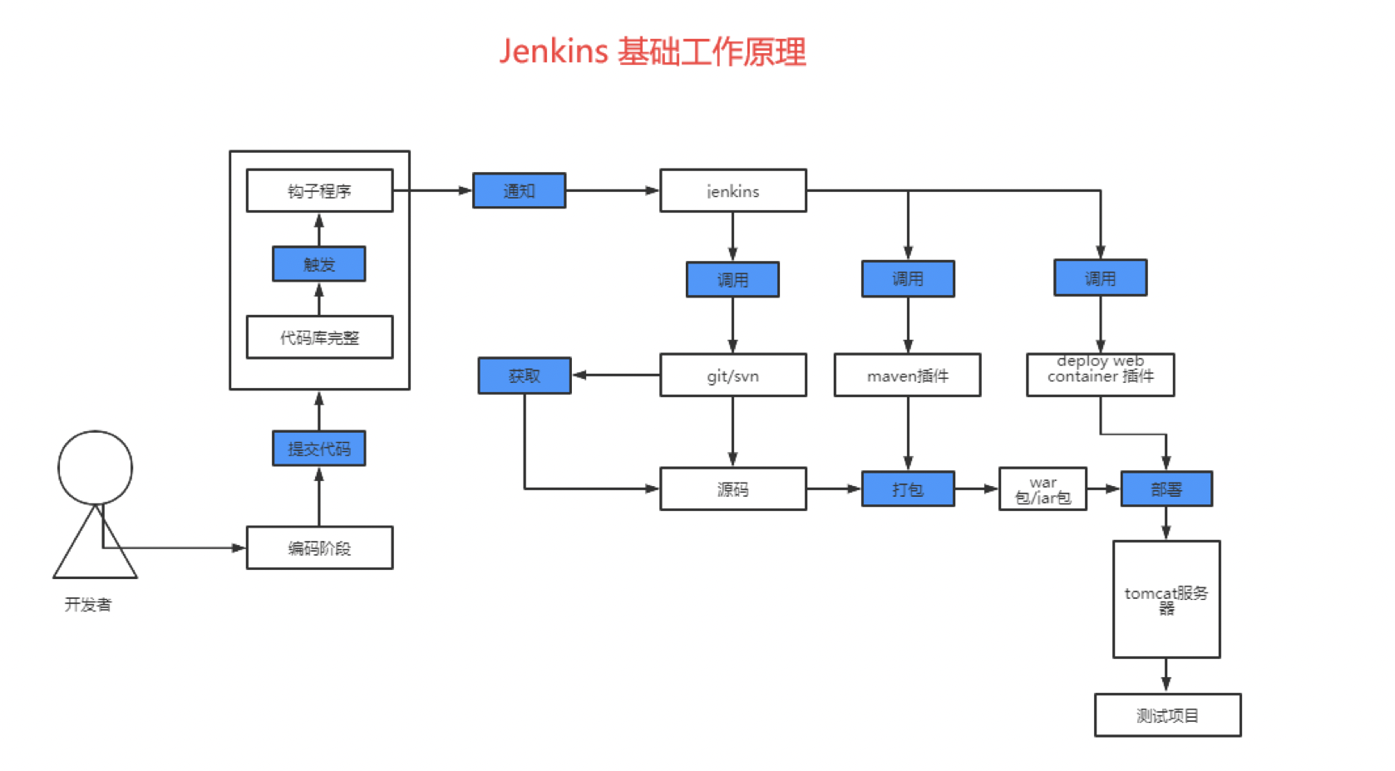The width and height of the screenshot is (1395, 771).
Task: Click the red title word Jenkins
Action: tap(554, 52)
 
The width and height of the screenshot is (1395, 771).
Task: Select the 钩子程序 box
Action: tap(319, 191)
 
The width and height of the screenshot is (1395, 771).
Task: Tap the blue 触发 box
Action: tap(319, 264)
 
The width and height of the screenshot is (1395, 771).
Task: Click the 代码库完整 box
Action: tap(319, 337)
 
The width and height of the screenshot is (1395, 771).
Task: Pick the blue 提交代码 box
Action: tap(319, 449)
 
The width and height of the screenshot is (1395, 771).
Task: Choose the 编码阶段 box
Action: tap(319, 548)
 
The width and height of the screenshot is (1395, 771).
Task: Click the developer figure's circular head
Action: tap(95, 467)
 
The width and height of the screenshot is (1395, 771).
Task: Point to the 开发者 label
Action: tap(88, 605)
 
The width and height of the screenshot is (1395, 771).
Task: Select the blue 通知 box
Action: tap(519, 191)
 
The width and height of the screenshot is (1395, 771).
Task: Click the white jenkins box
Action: tap(732, 191)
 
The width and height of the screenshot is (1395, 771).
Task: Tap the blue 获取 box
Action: tap(525, 376)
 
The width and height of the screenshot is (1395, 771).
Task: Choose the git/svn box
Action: tap(732, 376)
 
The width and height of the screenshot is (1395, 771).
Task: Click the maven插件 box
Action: tap(907, 376)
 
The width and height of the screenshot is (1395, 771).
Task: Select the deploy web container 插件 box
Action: tap(1100, 375)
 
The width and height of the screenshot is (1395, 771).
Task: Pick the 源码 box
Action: tap(732, 489)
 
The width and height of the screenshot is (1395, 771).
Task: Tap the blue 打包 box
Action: tap(907, 489)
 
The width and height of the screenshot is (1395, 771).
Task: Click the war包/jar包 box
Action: tap(1043, 489)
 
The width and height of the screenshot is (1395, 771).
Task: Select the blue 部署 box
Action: tap(1166, 489)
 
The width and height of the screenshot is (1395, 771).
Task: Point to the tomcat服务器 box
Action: tap(1166, 599)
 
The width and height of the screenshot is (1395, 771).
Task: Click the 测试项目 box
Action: tap(1167, 715)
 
